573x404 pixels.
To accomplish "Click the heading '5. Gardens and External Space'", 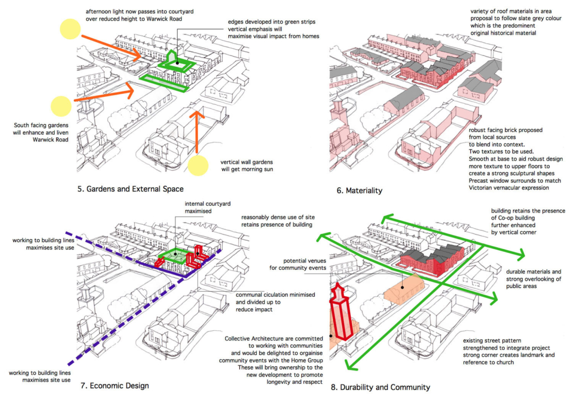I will coord(132,188).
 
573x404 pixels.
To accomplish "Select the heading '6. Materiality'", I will coord(359,190).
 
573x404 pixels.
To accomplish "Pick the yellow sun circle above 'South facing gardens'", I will coord(60,107).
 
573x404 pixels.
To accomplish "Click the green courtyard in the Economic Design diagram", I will coord(175,257).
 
